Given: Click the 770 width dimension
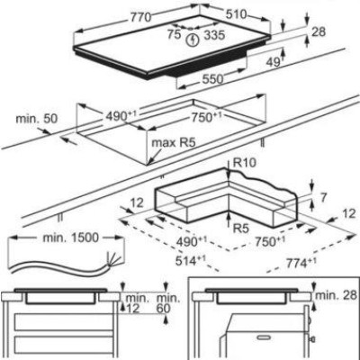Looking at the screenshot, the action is pos(140,17).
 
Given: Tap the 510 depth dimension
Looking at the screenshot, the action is pos(236,14).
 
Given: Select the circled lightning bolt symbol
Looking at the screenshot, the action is pos(193,40).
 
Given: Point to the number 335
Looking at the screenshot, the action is pos(214,36).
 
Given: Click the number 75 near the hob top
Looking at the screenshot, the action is pos(174,34).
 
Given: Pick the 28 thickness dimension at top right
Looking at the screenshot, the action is pos(319,31).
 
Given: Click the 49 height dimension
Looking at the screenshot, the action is pos(274,61).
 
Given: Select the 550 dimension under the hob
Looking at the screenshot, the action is pos(213,79).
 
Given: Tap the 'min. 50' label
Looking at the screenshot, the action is pos(37,119).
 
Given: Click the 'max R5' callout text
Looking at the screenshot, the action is pos(174,142).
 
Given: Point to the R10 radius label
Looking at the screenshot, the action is pos(245,163).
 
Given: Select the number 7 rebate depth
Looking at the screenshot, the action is pos(323,198).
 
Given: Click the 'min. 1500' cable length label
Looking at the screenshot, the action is pos(70,238).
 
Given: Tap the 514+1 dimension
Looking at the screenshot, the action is pos(190,260).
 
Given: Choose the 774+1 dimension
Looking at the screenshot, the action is pos(301,263).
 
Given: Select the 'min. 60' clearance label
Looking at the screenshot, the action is pos(169,303).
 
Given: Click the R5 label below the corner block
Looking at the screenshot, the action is pos(242,229).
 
